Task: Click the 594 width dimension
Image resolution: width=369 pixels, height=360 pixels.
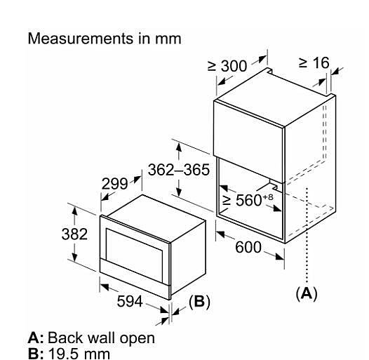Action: coord(130,301)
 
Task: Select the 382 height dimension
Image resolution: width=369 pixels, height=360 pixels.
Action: coord(74,234)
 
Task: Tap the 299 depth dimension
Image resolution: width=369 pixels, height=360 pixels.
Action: coord(114,184)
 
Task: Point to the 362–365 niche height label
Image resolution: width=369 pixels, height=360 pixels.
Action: coord(179,170)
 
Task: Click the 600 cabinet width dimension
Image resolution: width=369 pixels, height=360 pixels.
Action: coord(248,247)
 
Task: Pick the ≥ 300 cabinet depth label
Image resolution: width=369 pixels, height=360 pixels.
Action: coord(227,66)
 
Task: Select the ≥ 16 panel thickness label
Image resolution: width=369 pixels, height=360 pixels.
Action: coord(314,62)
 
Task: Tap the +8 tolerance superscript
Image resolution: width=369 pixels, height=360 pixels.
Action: coord(268,196)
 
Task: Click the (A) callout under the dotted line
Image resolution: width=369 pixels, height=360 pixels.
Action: coord(307,293)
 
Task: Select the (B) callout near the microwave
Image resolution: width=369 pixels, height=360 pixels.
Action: coord(199,301)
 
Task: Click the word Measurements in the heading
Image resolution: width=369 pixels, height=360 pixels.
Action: coord(81,39)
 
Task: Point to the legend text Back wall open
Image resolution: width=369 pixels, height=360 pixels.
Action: coord(101,338)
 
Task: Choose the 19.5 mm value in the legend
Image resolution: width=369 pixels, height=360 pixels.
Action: coord(79,354)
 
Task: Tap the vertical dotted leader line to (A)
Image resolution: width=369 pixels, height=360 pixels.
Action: coord(307,235)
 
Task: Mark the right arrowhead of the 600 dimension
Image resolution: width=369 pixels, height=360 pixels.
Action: coord(280,256)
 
